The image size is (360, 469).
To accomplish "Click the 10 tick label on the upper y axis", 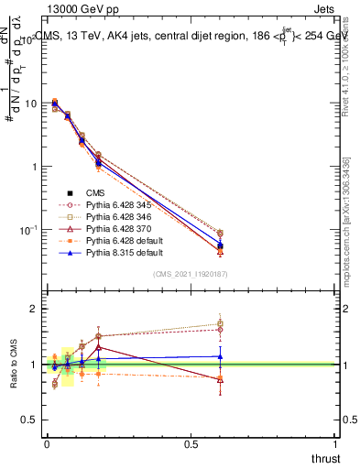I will click(x=31, y=104).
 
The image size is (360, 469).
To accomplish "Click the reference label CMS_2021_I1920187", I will click(x=191, y=274).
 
